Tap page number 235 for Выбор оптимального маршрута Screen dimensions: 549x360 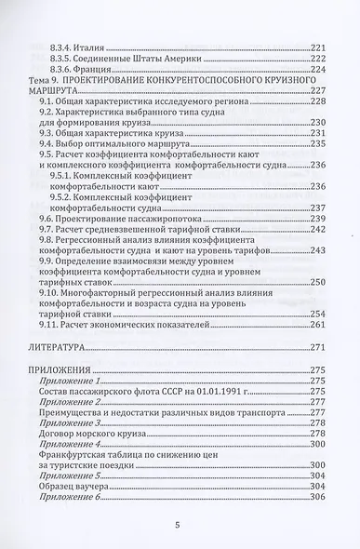tap(318, 144)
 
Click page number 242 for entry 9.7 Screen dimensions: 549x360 tap(318, 228)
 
